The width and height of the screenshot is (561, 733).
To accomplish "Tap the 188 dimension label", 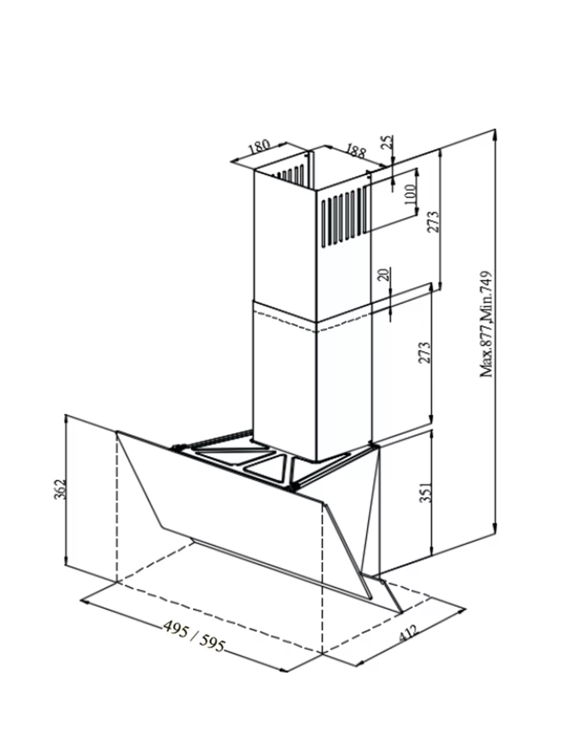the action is (356, 151).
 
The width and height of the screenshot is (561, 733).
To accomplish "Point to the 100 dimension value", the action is (409, 195).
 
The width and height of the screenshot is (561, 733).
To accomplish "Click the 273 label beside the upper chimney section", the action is (433, 222).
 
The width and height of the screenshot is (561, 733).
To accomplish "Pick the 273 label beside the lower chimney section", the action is (424, 352).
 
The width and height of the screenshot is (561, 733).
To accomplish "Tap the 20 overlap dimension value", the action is (385, 274).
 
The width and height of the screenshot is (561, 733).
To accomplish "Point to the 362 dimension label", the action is (59, 489).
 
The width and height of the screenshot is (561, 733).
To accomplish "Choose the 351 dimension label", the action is (425, 492).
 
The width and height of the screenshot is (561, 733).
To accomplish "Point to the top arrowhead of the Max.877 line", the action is (495, 135).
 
